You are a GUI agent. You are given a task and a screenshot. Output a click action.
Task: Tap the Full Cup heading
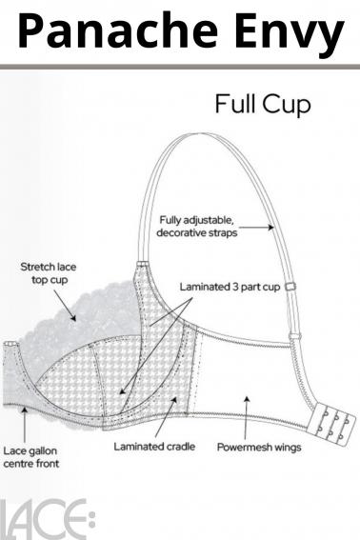[262, 104]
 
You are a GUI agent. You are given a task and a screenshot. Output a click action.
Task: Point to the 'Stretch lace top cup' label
[50, 274]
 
